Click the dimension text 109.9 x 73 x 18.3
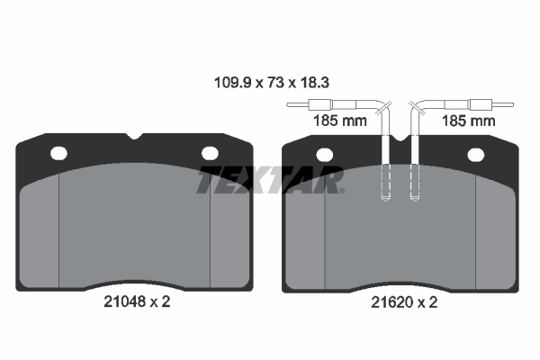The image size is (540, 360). point(272,83)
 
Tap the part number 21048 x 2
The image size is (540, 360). point(137,301)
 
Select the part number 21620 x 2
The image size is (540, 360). point(404,302)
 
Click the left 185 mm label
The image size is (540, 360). point(340,121)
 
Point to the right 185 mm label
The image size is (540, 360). point(468,121)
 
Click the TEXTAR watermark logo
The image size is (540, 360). point(270,180)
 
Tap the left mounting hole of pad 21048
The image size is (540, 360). point(58,153)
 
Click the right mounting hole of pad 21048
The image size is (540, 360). point(210,153)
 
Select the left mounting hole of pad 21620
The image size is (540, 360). point(324,155)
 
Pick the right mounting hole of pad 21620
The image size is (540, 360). point(476,155)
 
